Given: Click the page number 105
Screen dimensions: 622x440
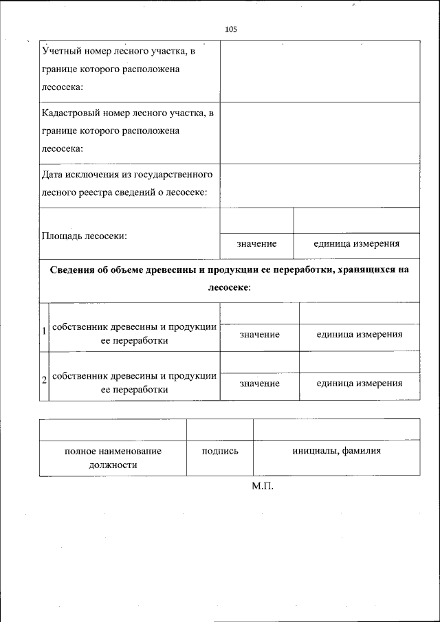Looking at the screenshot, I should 231,29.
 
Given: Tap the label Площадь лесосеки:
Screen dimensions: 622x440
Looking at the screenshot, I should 85,236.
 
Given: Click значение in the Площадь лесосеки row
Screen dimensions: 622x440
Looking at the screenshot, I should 256,244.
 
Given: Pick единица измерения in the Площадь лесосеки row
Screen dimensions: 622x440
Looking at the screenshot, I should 356,244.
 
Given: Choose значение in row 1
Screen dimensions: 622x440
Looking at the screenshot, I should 259,334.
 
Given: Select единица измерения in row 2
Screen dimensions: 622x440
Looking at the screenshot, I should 359,383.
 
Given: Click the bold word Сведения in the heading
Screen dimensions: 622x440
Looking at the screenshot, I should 75,270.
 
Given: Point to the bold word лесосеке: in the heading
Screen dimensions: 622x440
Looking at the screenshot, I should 229,287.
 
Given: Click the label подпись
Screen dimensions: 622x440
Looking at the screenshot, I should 220,451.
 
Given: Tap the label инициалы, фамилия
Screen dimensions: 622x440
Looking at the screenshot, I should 336,451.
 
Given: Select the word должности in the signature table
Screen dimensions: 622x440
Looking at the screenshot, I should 113,465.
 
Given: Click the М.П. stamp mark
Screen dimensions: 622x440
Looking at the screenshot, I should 263,486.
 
